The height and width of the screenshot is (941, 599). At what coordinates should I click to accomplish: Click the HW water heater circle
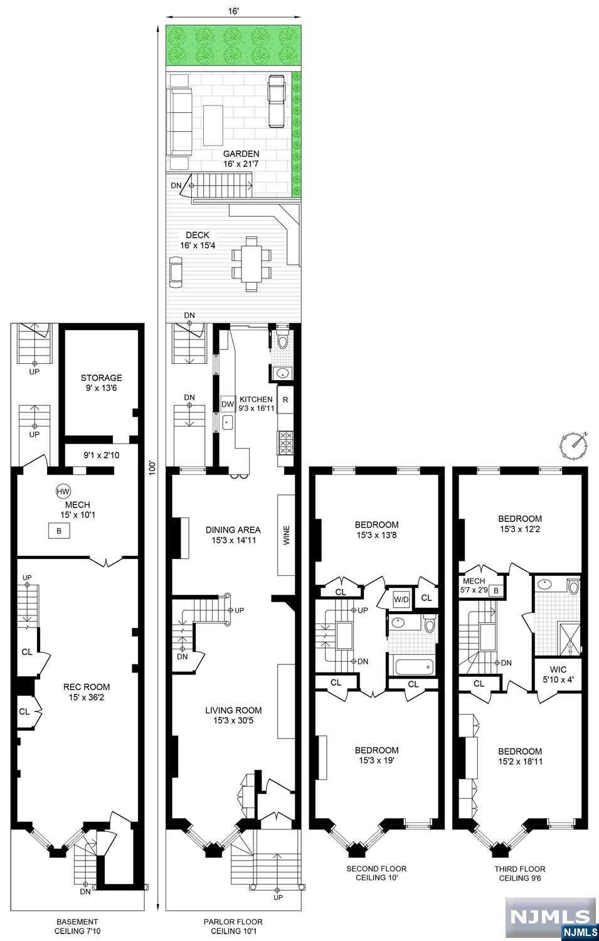(x=63, y=491)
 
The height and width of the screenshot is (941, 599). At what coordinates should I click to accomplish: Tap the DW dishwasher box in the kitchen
(x=227, y=404)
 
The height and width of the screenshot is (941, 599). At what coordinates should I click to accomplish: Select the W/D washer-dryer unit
(x=401, y=600)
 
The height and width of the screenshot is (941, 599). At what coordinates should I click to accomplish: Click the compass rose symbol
(x=574, y=444)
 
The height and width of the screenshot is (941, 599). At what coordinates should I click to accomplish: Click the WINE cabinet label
(x=287, y=535)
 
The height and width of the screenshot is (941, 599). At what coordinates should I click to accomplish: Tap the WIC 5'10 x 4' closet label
(x=558, y=674)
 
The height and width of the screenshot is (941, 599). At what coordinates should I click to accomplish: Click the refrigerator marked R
(x=285, y=400)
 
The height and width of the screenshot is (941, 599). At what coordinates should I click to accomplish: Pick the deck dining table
(x=251, y=264)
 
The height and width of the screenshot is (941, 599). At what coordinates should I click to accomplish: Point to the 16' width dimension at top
(x=233, y=11)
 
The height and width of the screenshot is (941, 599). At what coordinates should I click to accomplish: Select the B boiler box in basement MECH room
(x=59, y=531)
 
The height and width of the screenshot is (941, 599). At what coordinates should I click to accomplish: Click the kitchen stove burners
(x=285, y=443)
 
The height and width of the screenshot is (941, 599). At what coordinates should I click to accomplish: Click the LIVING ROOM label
(x=233, y=710)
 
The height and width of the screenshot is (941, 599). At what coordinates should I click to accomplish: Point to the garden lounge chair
(x=277, y=101)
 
